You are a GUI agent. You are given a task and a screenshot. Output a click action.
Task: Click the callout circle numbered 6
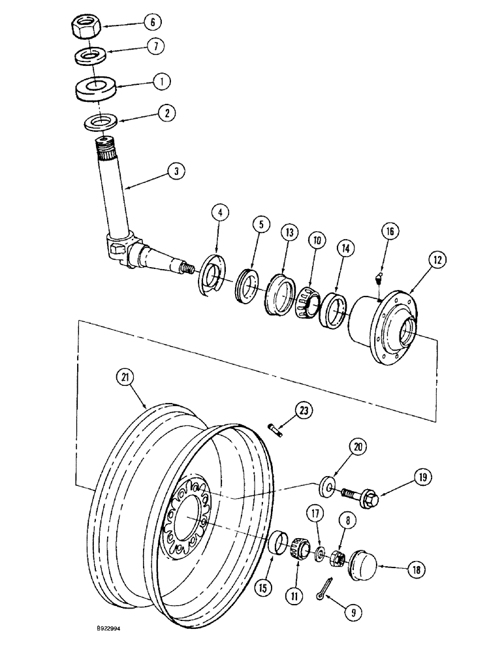[153, 22]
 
